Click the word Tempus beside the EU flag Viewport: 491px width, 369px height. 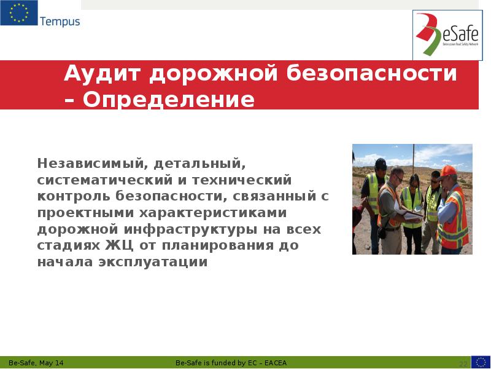point(60,22)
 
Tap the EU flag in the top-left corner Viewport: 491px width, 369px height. point(18,13)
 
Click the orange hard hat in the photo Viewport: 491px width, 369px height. point(449,170)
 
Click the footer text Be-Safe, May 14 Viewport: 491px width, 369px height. point(36,363)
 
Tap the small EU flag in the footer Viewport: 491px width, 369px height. point(481,362)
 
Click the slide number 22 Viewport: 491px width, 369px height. point(463,363)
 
